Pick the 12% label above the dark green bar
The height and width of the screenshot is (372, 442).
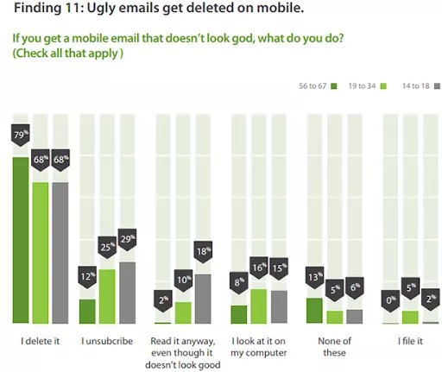coord(87,277)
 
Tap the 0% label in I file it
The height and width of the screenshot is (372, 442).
coord(389,301)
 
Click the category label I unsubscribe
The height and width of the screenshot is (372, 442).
coord(107,341)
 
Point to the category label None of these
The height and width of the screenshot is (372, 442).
coord(334,346)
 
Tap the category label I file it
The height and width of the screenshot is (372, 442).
coord(409,341)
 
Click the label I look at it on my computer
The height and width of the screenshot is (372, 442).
coord(258,346)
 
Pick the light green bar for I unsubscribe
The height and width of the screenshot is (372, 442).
coord(106,295)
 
